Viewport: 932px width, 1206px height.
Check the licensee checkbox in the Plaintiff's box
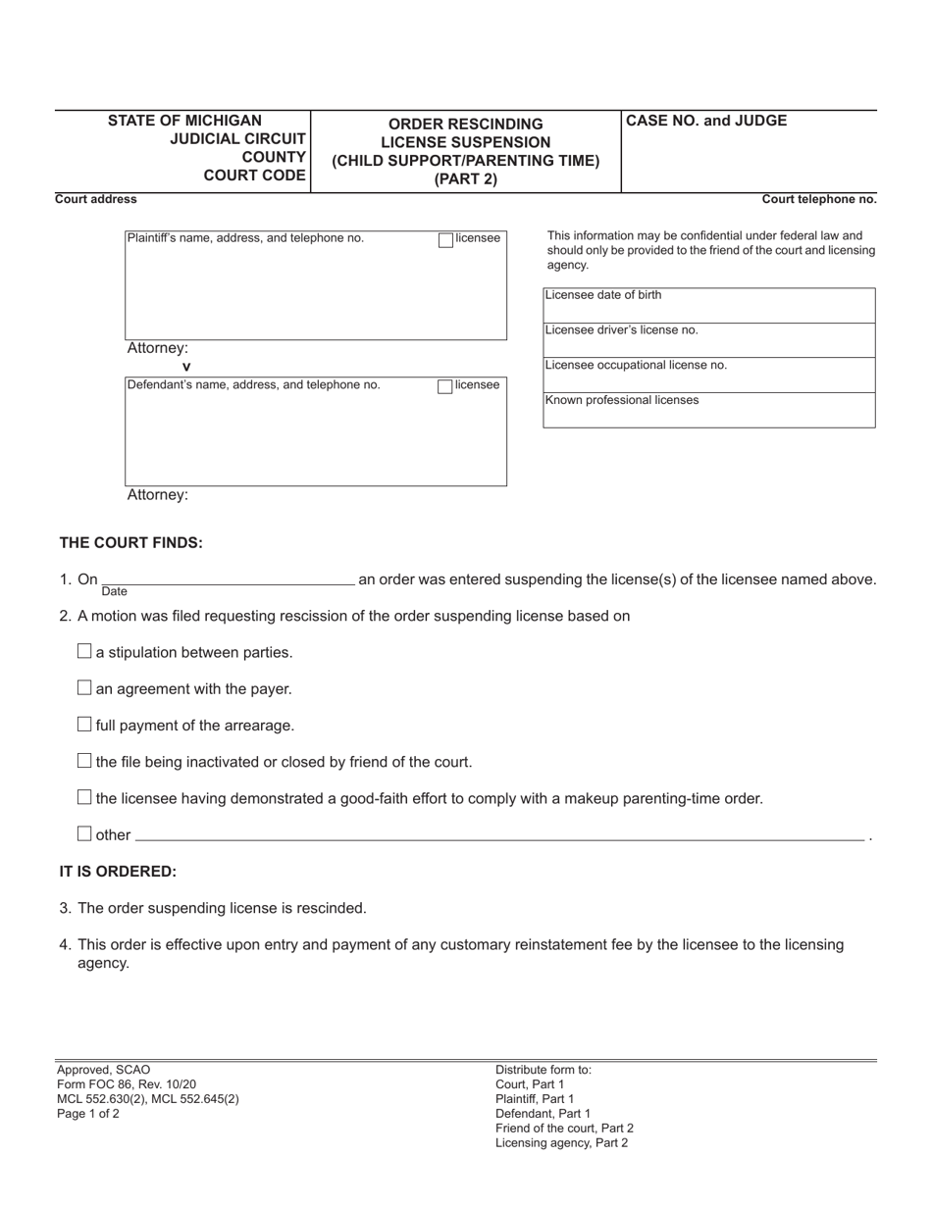pyautogui.click(x=445, y=239)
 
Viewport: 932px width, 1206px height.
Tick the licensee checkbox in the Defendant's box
pyautogui.click(x=445, y=386)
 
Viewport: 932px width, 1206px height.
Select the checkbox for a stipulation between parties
pyautogui.click(x=84, y=651)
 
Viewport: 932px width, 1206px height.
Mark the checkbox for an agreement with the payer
pyautogui.click(x=84, y=688)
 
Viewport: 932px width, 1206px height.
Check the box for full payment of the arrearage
pyautogui.click(x=84, y=725)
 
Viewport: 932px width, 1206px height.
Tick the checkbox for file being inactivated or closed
pyautogui.click(x=84, y=761)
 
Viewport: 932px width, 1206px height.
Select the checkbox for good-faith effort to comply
pyautogui.click(x=84, y=797)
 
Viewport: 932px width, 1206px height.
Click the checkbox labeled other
pyautogui.click(x=84, y=833)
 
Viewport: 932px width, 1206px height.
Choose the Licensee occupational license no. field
pyautogui.click(x=708, y=377)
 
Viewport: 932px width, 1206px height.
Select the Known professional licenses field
pyautogui.click(x=708, y=412)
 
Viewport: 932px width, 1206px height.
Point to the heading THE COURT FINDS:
pyautogui.click(x=131, y=543)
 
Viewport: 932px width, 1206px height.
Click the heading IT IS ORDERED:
pyautogui.click(x=118, y=872)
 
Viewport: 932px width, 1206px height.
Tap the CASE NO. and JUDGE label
pyautogui.click(x=706, y=122)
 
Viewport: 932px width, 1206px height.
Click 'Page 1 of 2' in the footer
pyautogui.click(x=88, y=1114)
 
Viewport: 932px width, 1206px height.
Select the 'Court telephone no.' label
pyautogui.click(x=819, y=199)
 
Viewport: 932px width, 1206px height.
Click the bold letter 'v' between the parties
pyautogui.click(x=186, y=367)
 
